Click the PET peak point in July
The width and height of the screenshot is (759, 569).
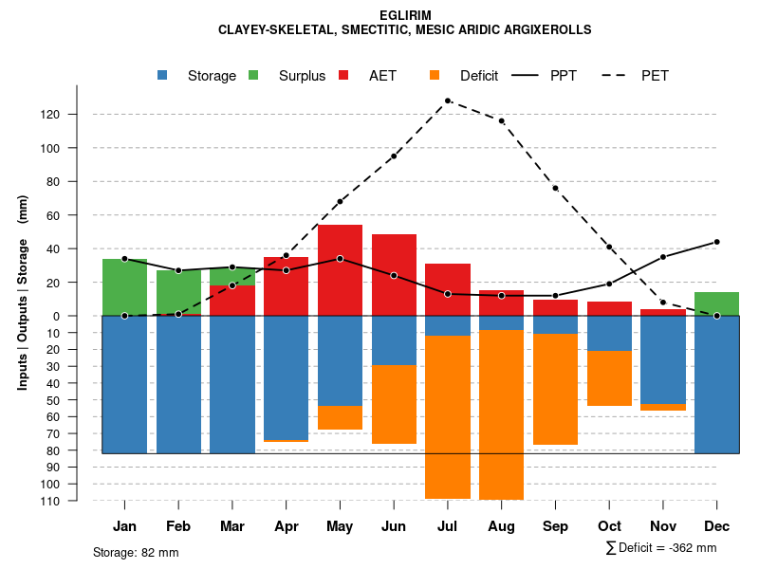447,101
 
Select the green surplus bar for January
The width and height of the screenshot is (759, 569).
124,286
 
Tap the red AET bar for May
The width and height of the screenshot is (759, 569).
340,270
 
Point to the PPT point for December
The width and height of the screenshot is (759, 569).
716,242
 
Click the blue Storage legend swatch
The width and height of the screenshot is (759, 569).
163,75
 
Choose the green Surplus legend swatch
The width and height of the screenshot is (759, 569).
253,75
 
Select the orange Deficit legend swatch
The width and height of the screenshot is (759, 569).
435,75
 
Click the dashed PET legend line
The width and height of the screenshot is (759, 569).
621,75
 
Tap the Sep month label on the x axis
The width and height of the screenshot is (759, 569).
555,526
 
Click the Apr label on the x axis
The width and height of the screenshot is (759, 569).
287,526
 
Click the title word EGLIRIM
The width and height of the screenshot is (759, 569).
405,16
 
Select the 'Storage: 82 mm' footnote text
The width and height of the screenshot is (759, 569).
136,552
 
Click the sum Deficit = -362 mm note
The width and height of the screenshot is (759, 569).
660,548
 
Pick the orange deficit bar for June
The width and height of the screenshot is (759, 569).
394,404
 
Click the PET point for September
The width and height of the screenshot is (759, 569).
555,188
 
